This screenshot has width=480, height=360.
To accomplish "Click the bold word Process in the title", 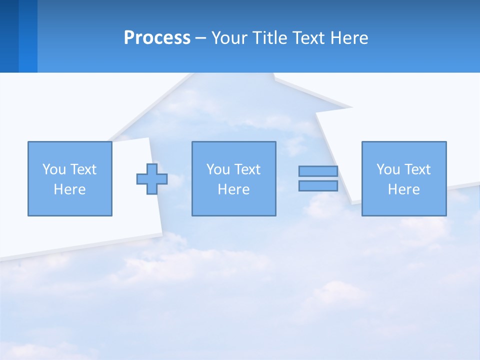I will click(x=157, y=38).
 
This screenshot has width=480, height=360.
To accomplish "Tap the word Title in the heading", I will click(x=269, y=38).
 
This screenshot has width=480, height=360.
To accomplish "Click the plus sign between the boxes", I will click(x=152, y=179).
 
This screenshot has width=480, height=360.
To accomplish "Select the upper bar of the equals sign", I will click(x=318, y=171).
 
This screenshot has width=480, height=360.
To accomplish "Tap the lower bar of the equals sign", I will click(x=318, y=186).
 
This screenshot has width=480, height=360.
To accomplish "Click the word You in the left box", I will click(x=54, y=169).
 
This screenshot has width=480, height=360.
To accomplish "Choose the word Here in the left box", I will click(x=69, y=189).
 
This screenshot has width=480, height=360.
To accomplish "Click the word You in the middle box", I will click(x=218, y=169).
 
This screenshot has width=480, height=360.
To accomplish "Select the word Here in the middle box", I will click(x=233, y=189).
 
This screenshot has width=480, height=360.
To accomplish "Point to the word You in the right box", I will click(x=388, y=169).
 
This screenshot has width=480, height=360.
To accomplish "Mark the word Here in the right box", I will click(x=403, y=189).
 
